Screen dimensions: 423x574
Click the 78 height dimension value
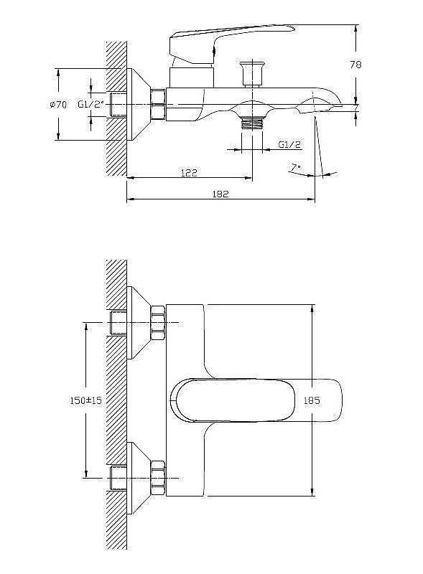(355, 65)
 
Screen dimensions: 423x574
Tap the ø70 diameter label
(58, 105)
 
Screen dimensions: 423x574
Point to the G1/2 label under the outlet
(289, 144)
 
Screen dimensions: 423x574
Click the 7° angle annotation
(295, 167)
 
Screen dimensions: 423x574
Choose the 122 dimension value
(189, 172)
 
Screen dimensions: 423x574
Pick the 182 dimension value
(220, 194)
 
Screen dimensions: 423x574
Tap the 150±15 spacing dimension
(85, 400)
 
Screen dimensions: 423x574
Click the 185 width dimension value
(312, 400)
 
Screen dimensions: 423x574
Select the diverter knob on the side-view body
(251, 74)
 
